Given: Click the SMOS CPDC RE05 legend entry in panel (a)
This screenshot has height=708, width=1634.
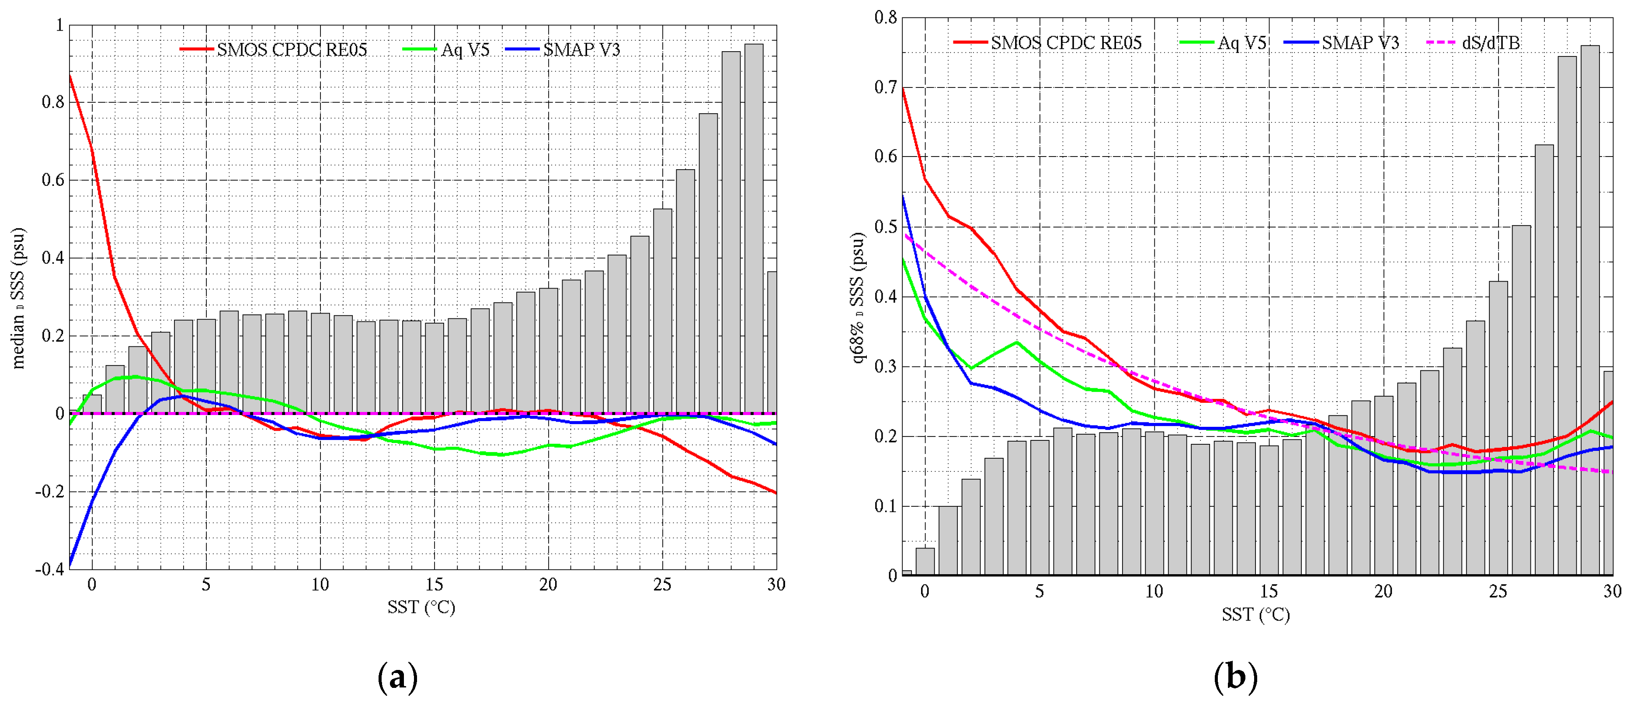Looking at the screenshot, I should coord(291,49).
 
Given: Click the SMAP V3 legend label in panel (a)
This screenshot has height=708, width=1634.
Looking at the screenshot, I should coord(581,49).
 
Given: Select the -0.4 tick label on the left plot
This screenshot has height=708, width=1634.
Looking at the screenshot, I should coord(49,569).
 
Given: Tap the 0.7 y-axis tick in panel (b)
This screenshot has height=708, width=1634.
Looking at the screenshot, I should coord(886,87).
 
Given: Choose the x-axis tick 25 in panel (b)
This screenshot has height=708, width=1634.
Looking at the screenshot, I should coord(1498,591).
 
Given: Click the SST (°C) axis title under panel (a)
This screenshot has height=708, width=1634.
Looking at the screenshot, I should coord(421,608).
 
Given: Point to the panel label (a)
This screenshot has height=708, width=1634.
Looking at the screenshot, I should coord(398,677).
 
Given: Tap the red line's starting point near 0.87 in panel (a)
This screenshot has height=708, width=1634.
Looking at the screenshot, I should coord(70,76).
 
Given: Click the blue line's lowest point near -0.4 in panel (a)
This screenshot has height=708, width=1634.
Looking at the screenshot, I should coord(70,564).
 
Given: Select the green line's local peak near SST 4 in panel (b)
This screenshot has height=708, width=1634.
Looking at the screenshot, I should coord(1017,342).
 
